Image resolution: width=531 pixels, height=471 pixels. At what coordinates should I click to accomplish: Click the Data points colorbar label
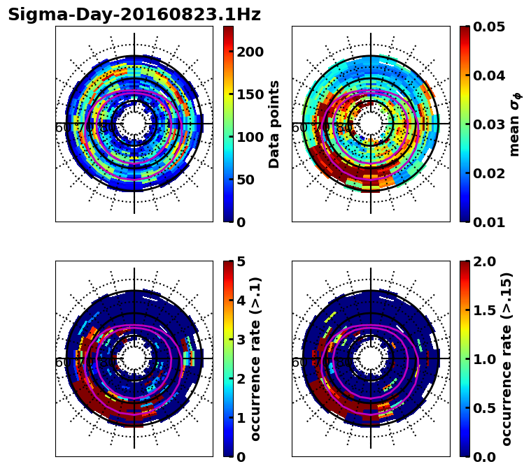coord(274,124)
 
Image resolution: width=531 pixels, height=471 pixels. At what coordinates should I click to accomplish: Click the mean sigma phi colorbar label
coord(515,124)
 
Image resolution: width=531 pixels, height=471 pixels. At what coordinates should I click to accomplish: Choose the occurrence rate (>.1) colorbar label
coord(255,358)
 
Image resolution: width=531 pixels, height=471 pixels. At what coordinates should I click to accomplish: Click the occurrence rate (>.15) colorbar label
coord(507,358)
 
